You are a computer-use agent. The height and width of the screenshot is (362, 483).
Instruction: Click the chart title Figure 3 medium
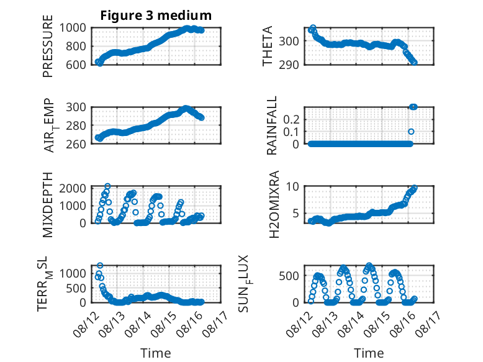156,16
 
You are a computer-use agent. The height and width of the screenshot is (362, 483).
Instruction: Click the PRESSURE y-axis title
48,46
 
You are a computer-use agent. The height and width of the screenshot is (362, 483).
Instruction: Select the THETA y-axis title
268,46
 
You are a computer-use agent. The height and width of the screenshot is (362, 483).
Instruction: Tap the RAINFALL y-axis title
272,125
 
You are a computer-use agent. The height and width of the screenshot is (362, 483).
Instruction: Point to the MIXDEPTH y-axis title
48,204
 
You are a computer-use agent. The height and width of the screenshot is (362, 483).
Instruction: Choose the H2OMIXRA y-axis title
274,204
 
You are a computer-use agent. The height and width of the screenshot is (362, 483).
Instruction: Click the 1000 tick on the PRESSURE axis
73,28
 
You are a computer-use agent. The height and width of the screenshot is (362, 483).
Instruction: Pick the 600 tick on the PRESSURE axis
76,65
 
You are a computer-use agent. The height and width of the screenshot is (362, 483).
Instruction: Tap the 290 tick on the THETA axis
289,65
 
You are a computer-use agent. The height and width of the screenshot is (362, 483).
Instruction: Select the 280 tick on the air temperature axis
76,125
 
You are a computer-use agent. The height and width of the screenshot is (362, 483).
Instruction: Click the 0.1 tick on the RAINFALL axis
291,132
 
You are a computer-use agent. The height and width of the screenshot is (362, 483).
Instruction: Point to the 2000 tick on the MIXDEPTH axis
73,188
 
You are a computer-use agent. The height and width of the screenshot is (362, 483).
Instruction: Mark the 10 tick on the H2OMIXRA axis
292,186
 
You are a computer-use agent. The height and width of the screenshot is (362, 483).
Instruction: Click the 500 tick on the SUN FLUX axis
289,276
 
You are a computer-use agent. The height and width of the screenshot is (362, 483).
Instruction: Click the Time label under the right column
369,353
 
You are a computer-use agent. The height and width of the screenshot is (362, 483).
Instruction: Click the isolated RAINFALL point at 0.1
411,132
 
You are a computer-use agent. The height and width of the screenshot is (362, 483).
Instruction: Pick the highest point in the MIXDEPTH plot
107,186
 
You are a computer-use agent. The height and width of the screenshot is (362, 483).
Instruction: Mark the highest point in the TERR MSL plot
100,265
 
